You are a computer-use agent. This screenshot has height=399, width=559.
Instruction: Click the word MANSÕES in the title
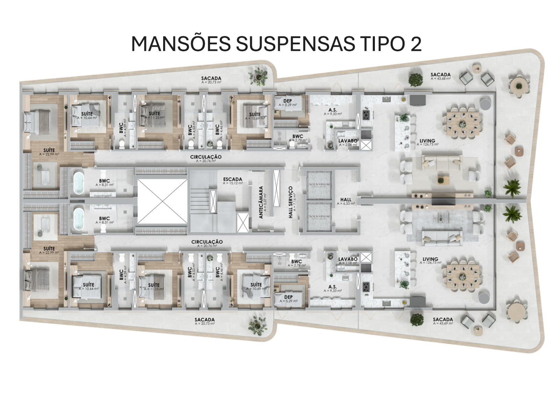coord(181,44)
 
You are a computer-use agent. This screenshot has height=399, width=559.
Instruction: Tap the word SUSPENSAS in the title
coord(295,44)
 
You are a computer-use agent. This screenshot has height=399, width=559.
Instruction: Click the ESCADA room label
coord(233,179)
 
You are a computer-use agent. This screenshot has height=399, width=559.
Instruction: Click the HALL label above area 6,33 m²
coord(346,200)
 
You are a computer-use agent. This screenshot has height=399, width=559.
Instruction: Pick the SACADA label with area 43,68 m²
coord(440,75)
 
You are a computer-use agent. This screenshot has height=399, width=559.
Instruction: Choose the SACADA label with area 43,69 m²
coord(443,319)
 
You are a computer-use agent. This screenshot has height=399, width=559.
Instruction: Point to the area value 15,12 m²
coord(233,183)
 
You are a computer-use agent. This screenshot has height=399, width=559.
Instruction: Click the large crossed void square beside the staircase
coord(162,201)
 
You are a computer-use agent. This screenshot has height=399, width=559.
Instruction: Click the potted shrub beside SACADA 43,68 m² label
coord(415,79)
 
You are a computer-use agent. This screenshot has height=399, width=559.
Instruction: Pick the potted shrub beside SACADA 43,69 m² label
coord(416,319)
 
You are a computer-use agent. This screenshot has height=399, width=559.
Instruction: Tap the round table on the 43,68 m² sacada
coord(518,86)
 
